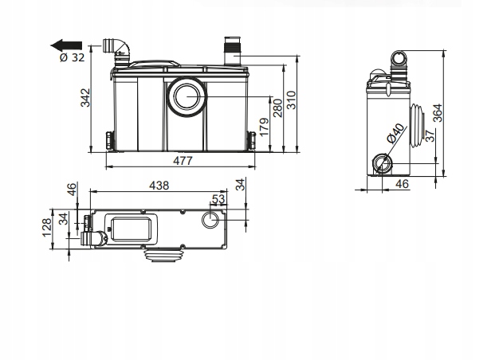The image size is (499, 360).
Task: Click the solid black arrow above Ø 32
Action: (66, 45)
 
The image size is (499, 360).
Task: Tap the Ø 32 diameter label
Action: (73, 57)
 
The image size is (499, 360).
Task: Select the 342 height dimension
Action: (85, 98)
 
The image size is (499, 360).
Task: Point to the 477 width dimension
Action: (183, 161)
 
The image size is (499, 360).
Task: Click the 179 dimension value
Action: (265, 127)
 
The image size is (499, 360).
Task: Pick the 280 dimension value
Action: (277, 108)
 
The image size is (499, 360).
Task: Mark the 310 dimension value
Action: (292, 100)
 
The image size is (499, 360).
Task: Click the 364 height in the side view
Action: (438, 112)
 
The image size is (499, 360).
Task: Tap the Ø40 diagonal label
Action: (395, 133)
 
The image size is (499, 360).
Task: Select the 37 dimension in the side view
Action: (430, 135)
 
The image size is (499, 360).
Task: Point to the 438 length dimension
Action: (159, 186)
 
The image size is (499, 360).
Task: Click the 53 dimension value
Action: (218, 199)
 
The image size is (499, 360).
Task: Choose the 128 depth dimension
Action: (47, 227)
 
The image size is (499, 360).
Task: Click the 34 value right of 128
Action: (65, 219)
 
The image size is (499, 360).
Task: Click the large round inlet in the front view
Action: (187, 96)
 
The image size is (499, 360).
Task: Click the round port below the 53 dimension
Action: (210, 220)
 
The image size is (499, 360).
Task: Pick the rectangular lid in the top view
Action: (131, 229)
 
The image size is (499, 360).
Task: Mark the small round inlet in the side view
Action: (382, 163)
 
